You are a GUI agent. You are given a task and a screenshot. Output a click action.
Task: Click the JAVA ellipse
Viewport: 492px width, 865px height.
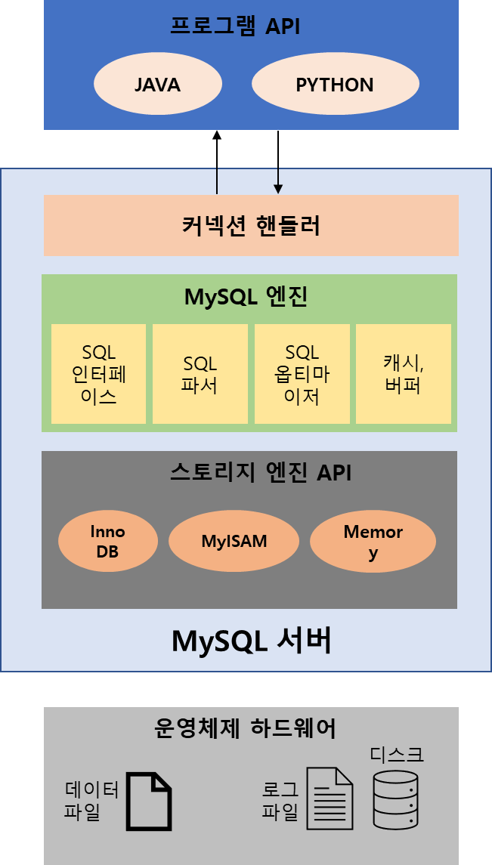point(157,84)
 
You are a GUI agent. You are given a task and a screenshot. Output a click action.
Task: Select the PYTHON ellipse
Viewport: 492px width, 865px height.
point(335,84)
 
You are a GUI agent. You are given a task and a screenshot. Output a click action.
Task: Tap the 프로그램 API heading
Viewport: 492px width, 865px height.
point(235,27)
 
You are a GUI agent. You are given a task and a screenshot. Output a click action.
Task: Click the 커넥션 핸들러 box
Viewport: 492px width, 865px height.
point(251,225)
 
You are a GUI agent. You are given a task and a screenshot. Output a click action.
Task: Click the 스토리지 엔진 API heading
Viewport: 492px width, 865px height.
point(250,473)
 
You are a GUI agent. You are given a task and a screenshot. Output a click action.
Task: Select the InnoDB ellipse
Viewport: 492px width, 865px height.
point(107,541)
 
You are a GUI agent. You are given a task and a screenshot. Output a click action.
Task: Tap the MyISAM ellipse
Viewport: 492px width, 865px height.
point(234,541)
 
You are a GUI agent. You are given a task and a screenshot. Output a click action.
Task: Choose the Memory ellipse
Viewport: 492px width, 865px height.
point(373,541)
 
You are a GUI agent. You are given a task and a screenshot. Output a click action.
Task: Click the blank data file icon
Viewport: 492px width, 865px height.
point(148,802)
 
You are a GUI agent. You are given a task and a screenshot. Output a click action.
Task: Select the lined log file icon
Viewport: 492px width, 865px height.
point(330,799)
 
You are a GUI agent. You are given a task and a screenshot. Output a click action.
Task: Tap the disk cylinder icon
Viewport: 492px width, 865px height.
point(395,799)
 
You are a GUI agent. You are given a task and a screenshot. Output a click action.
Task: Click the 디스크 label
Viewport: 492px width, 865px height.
point(397,754)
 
